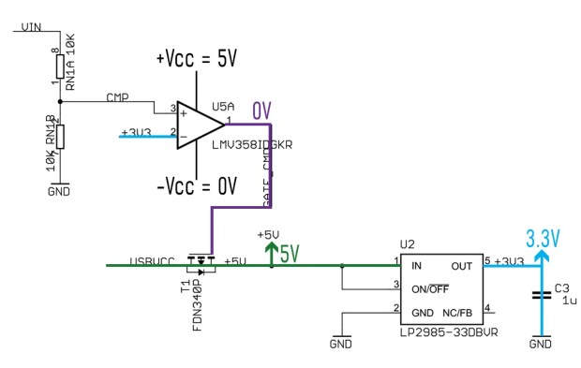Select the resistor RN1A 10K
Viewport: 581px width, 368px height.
coord(60,65)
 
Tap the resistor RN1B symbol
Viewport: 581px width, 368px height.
coord(60,137)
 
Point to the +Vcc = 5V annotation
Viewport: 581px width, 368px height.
coord(196,59)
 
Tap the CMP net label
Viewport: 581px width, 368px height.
coord(117,96)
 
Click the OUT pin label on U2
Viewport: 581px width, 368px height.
coord(462,266)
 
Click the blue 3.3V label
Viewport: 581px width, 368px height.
coord(543,239)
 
